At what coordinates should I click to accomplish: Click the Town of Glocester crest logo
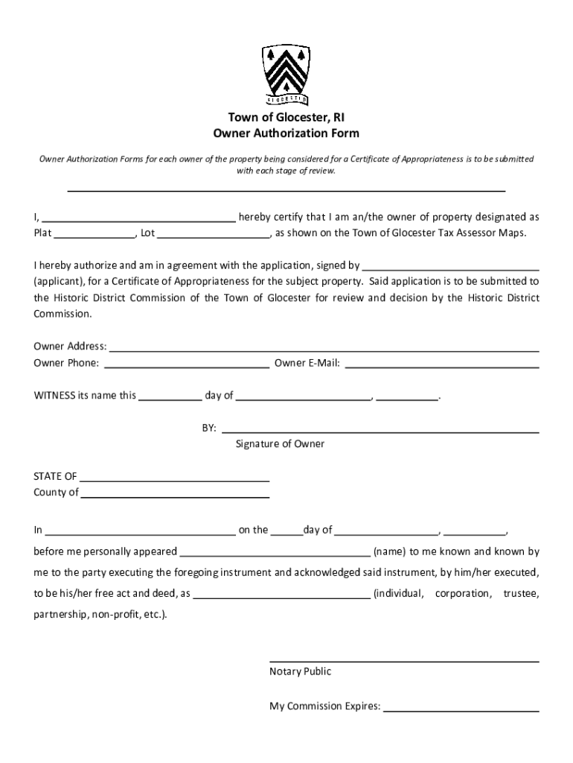(286, 75)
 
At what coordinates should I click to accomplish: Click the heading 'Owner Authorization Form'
(286, 133)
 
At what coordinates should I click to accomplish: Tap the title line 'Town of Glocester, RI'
(286, 118)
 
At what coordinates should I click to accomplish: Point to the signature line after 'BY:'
(380, 431)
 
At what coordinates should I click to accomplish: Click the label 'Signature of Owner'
(280, 444)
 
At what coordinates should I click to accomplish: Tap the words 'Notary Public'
(300, 671)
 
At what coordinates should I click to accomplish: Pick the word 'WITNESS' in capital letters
(54, 396)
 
